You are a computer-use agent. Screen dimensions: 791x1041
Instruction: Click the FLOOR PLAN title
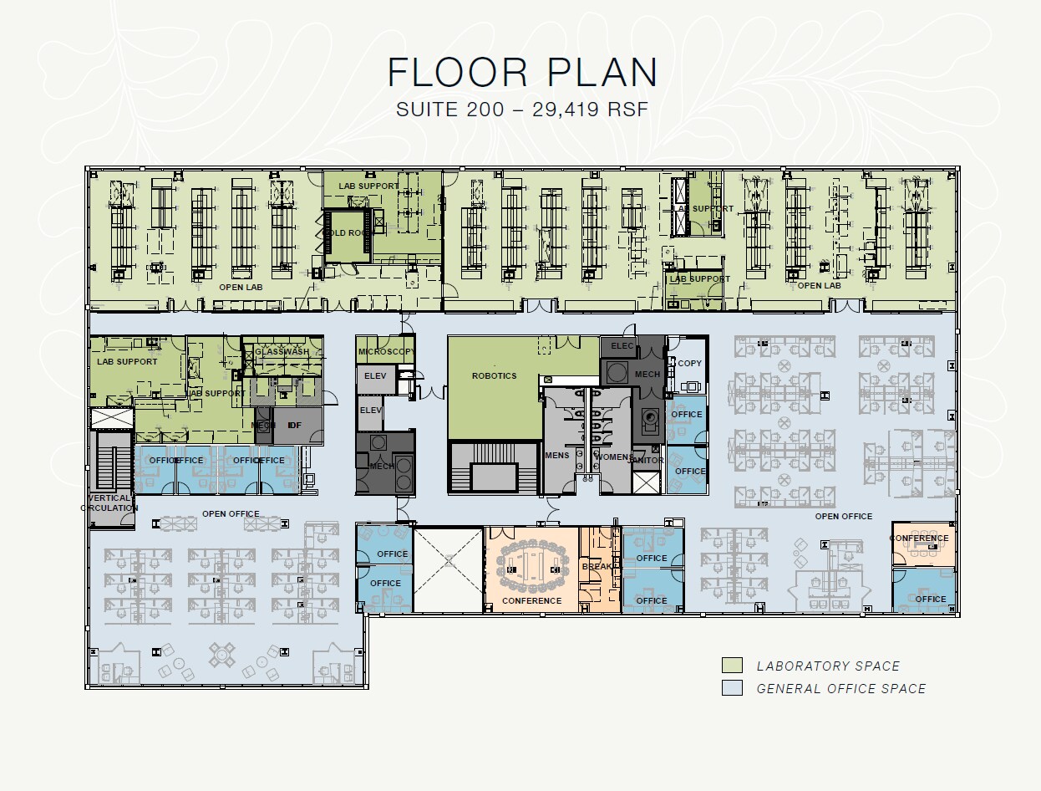coord(522,73)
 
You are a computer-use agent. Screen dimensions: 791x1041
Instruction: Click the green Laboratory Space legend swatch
coord(732,666)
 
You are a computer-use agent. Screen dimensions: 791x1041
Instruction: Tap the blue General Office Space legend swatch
coord(732,688)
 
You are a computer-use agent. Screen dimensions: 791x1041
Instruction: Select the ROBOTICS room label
coord(494,376)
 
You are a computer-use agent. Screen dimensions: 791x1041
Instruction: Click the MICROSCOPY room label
coord(385,352)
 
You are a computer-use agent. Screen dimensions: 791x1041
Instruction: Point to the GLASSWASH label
coord(282,352)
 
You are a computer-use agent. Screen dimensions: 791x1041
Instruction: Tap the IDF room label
coord(294,426)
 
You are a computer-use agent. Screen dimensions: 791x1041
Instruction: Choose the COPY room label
coord(690,363)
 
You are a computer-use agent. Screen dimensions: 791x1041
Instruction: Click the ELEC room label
coord(622,345)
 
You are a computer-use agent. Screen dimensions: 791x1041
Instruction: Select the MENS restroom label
coord(556,456)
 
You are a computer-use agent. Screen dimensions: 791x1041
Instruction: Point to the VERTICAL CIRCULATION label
coord(109,503)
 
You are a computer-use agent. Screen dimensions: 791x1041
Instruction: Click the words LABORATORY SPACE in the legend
coord(828,666)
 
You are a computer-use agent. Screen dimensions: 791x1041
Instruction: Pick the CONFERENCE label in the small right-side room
coord(919,538)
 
